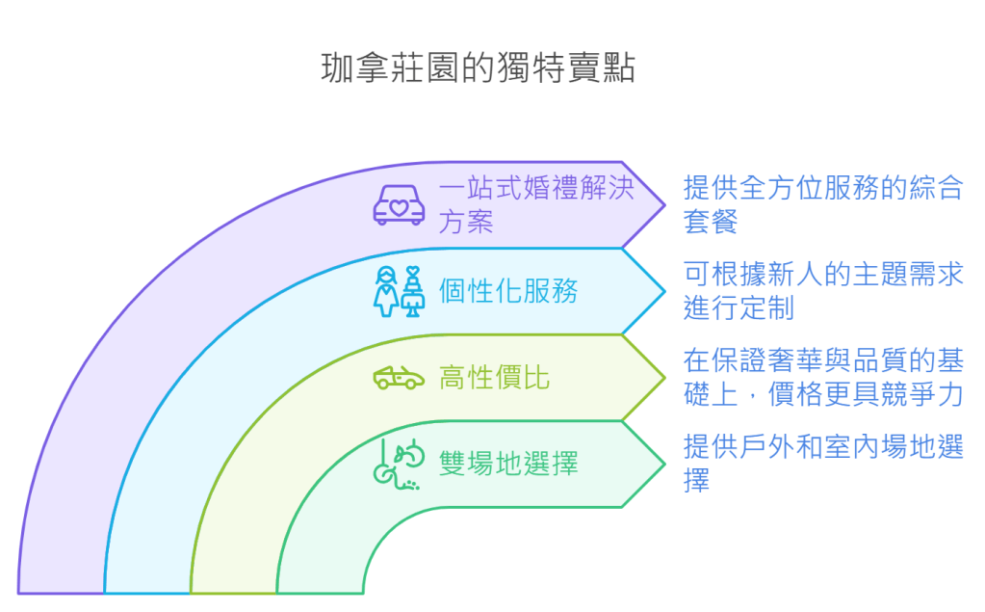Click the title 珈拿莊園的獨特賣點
[478, 69]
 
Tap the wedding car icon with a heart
[399, 204]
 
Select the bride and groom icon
[399, 290]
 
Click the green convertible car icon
[399, 377]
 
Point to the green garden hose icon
[399, 464]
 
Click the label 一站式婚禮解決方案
[535, 204]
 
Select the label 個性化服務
[508, 290]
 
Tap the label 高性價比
[494, 377]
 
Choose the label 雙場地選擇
[508, 464]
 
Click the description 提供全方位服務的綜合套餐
[822, 204]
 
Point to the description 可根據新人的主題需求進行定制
[822, 290]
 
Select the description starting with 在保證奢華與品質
[822, 377]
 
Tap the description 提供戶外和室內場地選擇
[822, 464]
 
